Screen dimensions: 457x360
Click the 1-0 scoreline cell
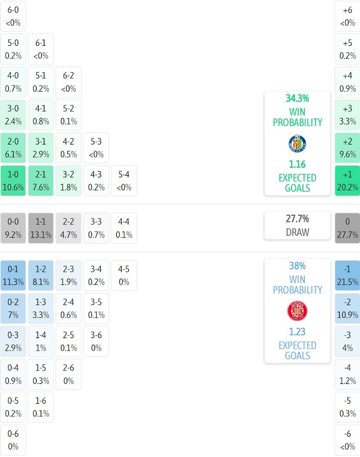tap(13, 181)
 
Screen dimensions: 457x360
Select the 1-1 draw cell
tap(41, 228)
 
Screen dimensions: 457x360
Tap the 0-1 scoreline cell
tap(13, 275)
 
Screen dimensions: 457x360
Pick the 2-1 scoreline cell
tap(41, 181)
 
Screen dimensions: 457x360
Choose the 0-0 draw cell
tap(13, 228)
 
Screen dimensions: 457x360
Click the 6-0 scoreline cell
tap(13, 16)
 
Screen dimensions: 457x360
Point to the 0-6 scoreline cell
tap(13, 440)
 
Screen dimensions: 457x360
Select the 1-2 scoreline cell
tap(41, 275)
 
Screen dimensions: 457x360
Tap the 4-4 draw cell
tap(124, 228)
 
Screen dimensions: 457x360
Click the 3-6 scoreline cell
tap(96, 341)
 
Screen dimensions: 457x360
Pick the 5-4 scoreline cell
tap(124, 181)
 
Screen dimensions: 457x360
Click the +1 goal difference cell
tap(347, 181)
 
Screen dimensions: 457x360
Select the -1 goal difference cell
tap(347, 275)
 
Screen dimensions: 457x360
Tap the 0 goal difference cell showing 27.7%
tap(347, 228)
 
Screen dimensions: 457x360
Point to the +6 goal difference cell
tap(347, 16)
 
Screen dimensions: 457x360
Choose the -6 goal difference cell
tap(347, 440)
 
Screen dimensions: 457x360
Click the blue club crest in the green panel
tap(297, 143)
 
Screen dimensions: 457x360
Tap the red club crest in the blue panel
tap(297, 311)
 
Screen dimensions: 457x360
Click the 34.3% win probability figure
tap(297, 98)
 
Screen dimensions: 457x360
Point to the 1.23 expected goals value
tap(297, 332)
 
